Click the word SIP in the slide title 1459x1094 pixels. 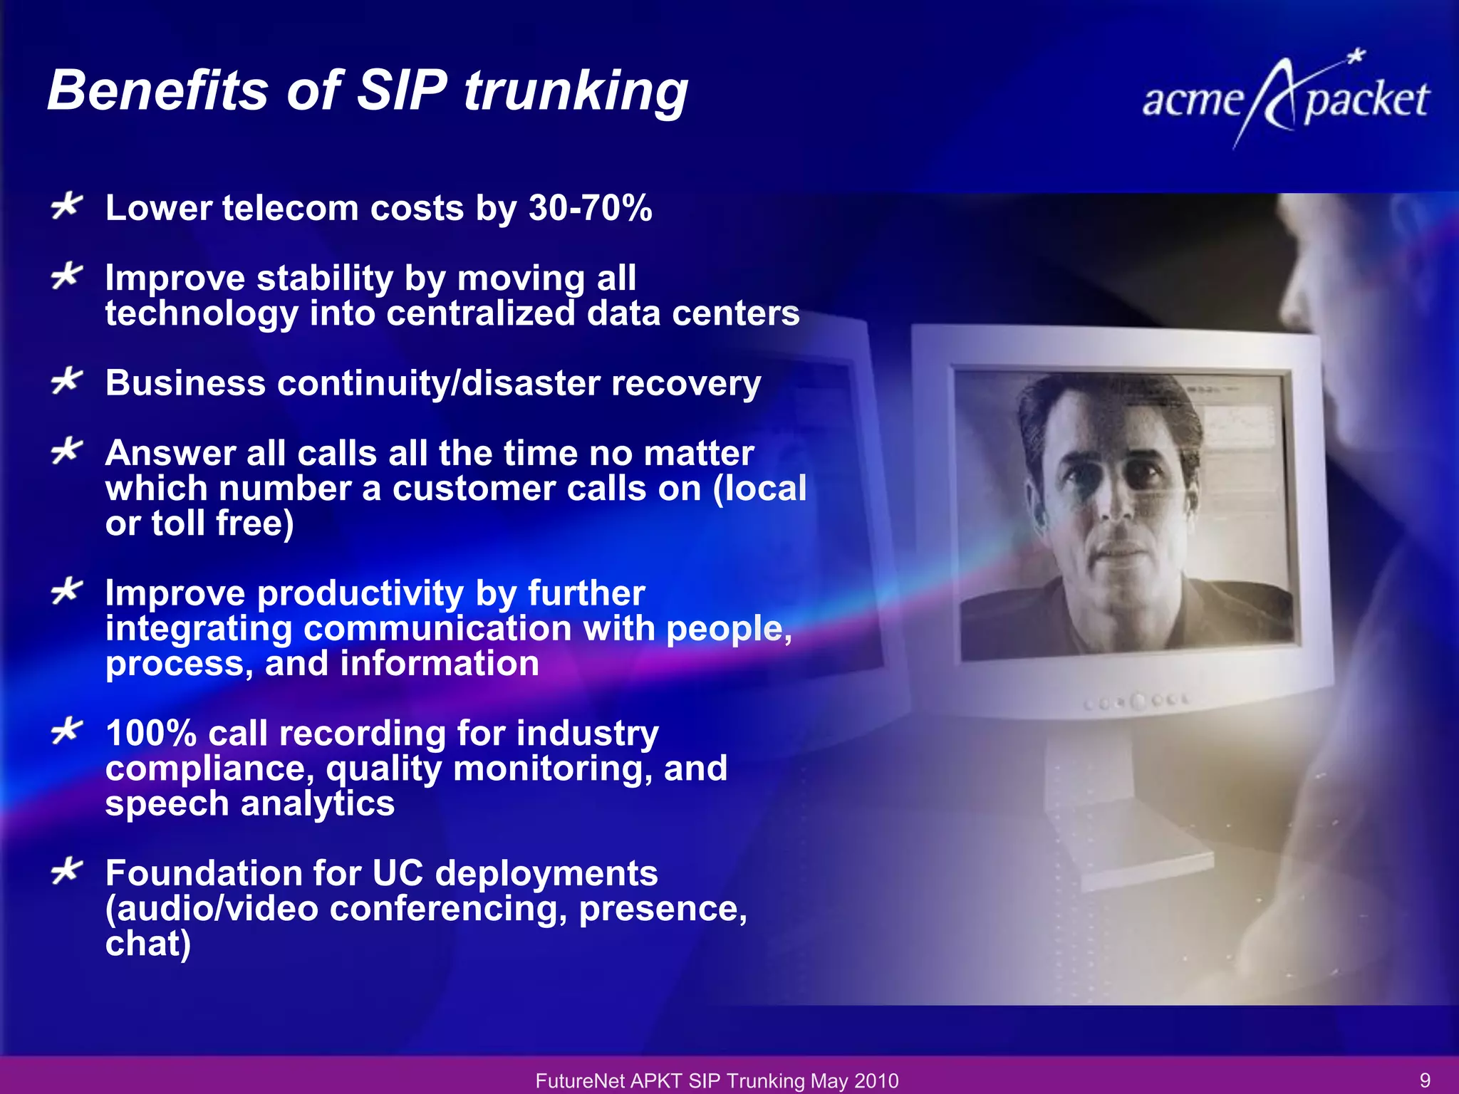402,91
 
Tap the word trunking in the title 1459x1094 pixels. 576,93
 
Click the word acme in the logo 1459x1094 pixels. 1193,100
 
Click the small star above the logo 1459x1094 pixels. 1357,56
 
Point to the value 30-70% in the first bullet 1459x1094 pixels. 590,208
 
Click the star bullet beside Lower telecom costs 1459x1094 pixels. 67,207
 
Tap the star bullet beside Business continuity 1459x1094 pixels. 67,381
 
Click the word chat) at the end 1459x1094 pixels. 148,944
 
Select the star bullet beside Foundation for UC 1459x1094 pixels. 67,871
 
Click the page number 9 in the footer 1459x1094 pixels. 1425,1080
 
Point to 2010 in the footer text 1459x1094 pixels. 877,1081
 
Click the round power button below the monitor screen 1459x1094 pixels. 1138,702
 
